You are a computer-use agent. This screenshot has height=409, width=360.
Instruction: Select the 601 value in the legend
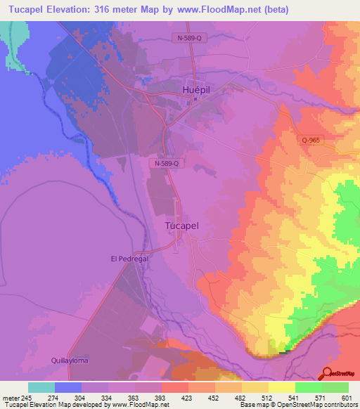tap(345, 398)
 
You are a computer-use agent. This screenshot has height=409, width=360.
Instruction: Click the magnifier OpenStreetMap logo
tap(328, 373)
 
